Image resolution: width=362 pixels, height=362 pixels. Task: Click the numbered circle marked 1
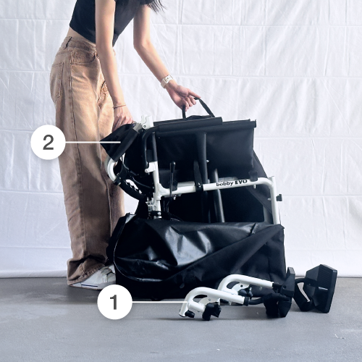(114, 302)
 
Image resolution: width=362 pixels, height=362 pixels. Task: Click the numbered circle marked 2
(48, 142)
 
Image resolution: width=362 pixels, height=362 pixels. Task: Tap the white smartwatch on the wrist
(167, 81)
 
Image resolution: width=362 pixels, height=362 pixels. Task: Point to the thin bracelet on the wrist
(119, 106)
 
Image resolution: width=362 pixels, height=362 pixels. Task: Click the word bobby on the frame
(224, 184)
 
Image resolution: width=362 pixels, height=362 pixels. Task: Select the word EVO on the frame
(241, 182)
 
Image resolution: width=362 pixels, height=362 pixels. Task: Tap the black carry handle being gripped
(198, 108)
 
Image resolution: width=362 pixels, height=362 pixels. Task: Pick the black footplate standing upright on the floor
(321, 287)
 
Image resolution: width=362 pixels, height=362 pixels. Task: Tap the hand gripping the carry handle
(182, 96)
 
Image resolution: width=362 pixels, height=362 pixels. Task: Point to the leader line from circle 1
(159, 302)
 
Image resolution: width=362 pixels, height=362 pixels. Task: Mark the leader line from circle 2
(93, 143)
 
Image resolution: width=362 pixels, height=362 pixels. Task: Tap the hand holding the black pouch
(122, 117)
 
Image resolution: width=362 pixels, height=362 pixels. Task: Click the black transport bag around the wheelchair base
(198, 256)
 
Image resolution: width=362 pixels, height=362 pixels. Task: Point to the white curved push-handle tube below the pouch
(111, 167)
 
